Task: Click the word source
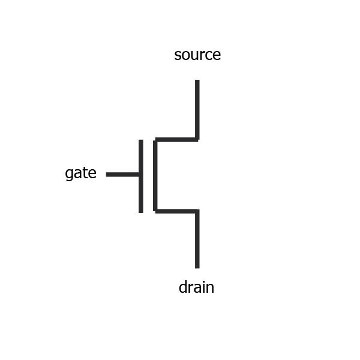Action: click(x=197, y=55)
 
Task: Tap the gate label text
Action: click(x=80, y=174)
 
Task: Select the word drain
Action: click(x=196, y=287)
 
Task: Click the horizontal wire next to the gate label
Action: click(x=123, y=175)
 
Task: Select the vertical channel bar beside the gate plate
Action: click(x=155, y=175)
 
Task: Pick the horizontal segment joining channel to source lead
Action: click(x=176, y=140)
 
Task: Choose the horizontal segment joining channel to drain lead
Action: click(x=176, y=211)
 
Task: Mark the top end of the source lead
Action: click(x=197, y=80)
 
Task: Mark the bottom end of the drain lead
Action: click(x=197, y=267)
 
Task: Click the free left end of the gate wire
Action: click(x=107, y=175)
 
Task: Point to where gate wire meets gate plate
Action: click(x=140, y=175)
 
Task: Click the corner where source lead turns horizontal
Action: click(x=197, y=140)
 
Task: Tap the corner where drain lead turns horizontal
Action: click(x=197, y=211)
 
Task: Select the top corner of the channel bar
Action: click(x=155, y=140)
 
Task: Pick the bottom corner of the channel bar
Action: click(x=155, y=211)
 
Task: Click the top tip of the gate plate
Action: click(x=141, y=140)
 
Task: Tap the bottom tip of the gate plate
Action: click(x=141, y=212)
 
